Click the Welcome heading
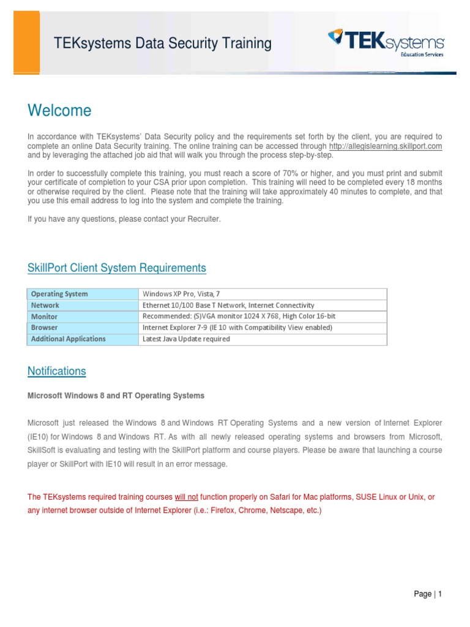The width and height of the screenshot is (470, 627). tap(59, 111)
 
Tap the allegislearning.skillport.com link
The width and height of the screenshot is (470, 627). tap(385, 147)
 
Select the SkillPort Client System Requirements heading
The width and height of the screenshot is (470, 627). tap(117, 268)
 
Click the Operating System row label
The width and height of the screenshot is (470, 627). tap(59, 294)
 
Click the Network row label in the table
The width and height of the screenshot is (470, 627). tap(45, 305)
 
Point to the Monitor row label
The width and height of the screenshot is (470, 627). tap(44, 317)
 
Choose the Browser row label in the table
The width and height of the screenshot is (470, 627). tap(44, 328)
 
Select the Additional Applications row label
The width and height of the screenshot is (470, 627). tap(68, 339)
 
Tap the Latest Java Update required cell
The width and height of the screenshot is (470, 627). tap(186, 339)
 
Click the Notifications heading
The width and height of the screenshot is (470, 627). tap(57, 371)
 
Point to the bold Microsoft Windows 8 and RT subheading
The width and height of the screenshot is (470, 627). tap(116, 396)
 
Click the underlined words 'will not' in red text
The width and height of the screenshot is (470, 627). tap(187, 497)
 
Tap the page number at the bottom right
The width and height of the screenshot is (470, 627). tap(428, 594)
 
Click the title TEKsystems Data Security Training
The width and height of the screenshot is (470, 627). tap(163, 43)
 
